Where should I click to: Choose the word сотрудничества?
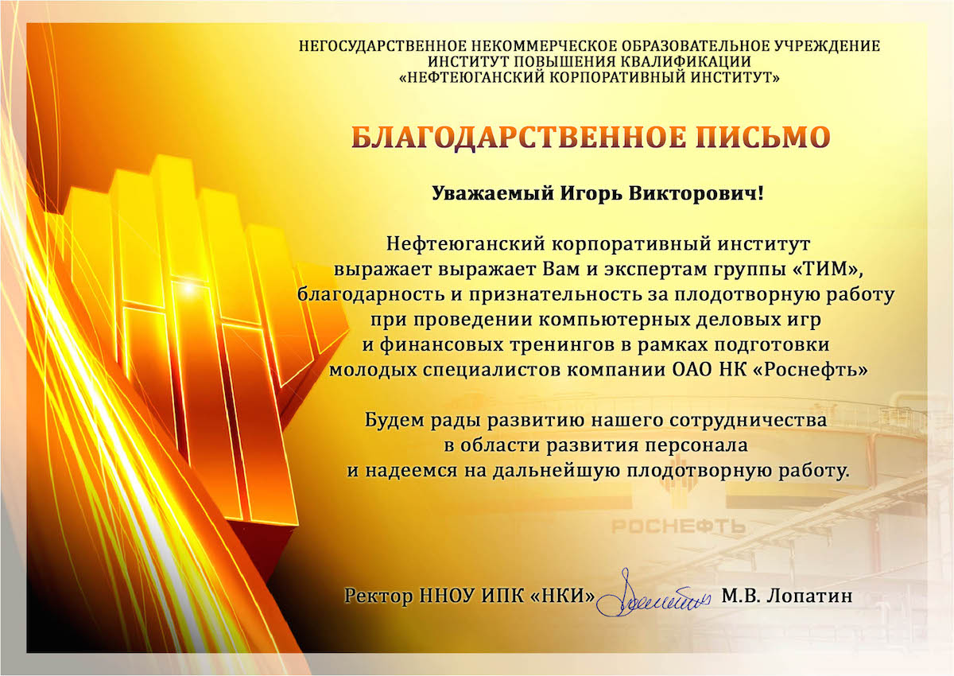tap(748, 421)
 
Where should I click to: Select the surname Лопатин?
tap(809, 596)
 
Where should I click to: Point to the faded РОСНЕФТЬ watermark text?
tap(678, 527)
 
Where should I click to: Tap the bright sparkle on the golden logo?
tap(188, 289)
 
